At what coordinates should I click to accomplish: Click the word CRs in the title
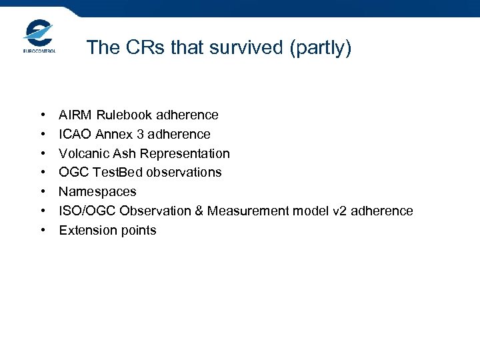(145, 48)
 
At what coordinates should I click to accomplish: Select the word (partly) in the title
(322, 48)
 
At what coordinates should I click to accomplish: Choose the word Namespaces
(97, 192)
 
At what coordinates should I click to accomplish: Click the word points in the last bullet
(138, 231)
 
